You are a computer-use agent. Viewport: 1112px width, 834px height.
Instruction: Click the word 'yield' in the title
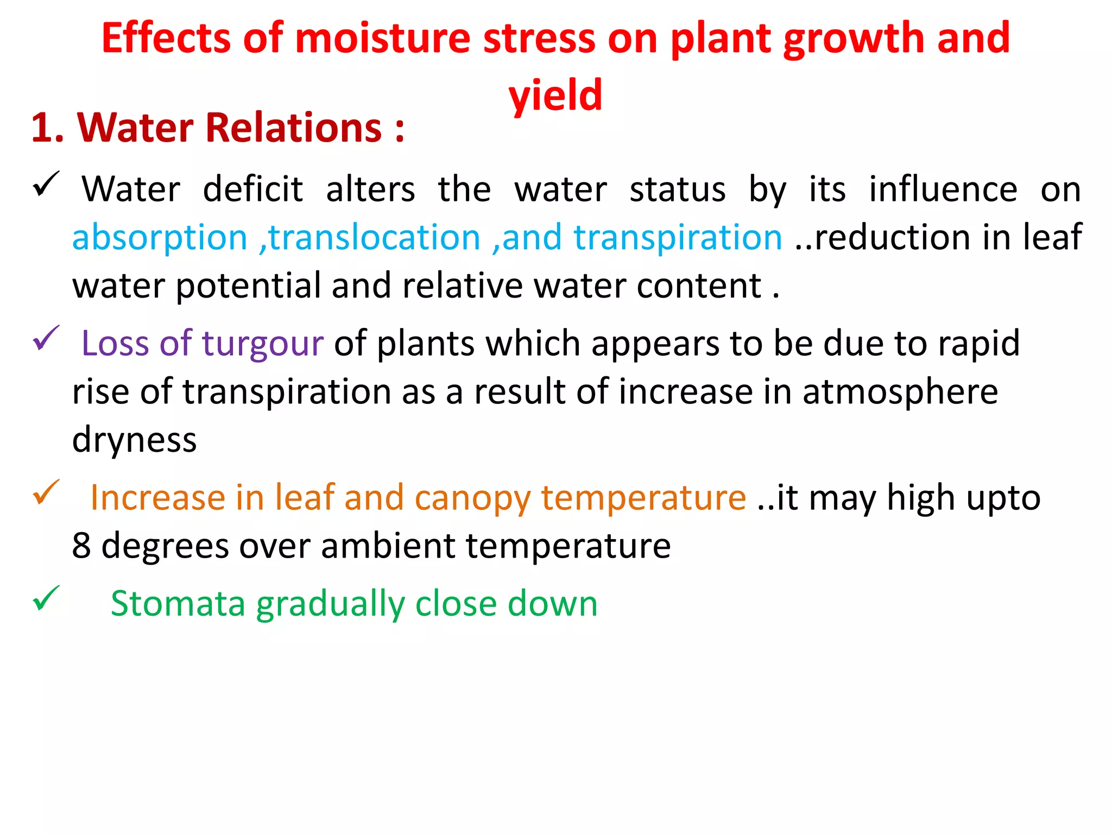[x=555, y=94]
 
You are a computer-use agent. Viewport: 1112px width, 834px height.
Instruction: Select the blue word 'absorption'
[x=160, y=238]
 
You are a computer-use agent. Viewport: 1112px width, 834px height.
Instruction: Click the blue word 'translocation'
[x=375, y=238]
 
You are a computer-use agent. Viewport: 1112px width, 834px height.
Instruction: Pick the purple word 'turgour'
[x=263, y=343]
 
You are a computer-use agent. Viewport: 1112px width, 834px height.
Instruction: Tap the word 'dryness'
[x=134, y=439]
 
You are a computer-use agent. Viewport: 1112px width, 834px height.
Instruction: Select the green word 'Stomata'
[x=178, y=603]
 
